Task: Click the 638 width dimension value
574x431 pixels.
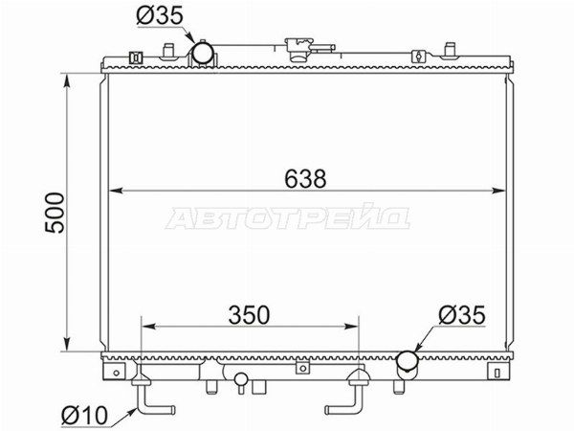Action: pyautogui.click(x=305, y=178)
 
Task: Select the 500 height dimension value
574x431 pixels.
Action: pyautogui.click(x=55, y=213)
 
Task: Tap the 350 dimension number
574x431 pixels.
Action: pyautogui.click(x=249, y=315)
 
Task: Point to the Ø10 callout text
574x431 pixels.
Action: pyautogui.click(x=84, y=416)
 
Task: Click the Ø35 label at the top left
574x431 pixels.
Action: pyautogui.click(x=159, y=15)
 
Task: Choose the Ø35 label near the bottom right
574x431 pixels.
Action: pyautogui.click(x=462, y=315)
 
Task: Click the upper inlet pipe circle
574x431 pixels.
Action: pyautogui.click(x=203, y=53)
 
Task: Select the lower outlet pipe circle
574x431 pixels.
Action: pyautogui.click(x=408, y=361)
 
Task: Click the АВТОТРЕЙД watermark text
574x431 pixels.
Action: pyautogui.click(x=288, y=217)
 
